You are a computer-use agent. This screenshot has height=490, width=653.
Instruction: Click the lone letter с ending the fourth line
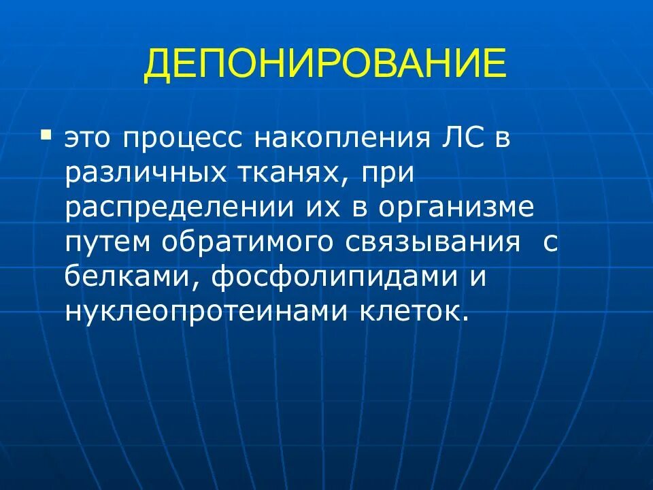[550, 244]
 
